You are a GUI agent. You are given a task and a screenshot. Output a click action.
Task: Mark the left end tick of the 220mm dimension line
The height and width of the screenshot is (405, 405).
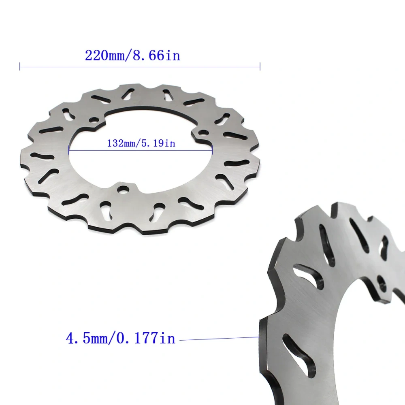coord(20,66)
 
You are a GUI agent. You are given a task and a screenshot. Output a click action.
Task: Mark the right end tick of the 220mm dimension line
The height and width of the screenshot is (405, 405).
coord(260,66)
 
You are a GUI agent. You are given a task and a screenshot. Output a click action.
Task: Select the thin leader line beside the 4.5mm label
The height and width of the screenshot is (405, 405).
coord(219,339)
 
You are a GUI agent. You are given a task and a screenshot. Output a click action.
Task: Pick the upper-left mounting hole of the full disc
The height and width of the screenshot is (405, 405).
coord(94,120)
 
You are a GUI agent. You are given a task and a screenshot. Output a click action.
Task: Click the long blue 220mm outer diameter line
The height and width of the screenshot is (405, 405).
coord(140,66)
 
